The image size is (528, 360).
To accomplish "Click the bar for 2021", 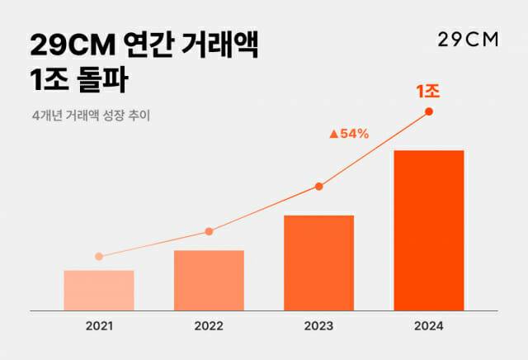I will (99, 290).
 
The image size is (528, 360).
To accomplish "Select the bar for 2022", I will (209, 280).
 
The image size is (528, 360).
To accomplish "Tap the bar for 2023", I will (318, 263).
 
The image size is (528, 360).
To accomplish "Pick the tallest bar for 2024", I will (429, 230).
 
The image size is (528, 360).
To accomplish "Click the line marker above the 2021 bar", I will (99, 256).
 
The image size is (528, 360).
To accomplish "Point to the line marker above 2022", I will (209, 231).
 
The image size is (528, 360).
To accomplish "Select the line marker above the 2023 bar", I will (318, 187).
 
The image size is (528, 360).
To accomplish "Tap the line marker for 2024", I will (429, 111).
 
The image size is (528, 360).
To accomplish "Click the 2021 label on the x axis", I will (99, 326).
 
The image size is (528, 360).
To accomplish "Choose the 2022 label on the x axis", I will (209, 326).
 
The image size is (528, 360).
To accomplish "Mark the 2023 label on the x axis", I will (318, 326).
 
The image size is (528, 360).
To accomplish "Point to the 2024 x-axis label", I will (429, 326).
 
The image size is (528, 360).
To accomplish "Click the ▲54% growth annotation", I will (349, 133).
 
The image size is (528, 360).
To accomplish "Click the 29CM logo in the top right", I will (466, 41).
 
